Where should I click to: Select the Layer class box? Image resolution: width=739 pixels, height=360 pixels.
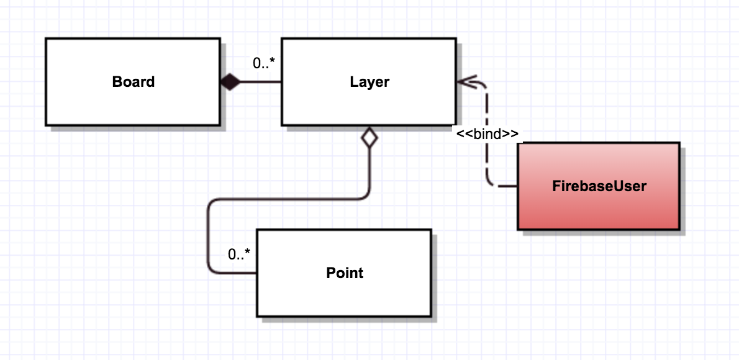click(369, 102)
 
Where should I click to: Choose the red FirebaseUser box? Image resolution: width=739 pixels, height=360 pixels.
click(599, 205)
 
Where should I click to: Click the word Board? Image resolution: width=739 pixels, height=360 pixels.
click(134, 82)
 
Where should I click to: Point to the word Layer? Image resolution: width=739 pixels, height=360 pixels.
click(369, 82)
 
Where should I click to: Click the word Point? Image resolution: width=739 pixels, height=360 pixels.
click(345, 273)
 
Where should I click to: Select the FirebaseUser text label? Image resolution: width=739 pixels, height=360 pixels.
click(599, 186)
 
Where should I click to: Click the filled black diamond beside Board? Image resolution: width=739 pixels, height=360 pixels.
click(230, 82)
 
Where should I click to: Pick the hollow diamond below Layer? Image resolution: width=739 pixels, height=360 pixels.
click(369, 138)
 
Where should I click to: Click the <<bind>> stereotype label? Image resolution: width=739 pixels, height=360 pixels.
click(487, 134)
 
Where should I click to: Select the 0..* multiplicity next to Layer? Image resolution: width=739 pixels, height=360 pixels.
click(265, 63)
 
